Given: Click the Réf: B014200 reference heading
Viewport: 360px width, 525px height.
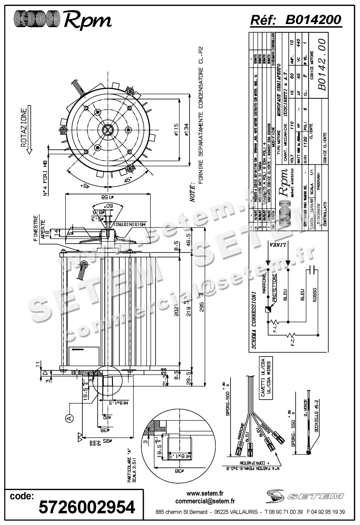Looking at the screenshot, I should [296, 20].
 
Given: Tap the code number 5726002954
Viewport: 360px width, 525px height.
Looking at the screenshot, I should [87, 507].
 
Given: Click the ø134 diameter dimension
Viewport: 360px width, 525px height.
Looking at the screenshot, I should [186, 129].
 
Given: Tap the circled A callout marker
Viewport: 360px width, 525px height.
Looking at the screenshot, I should [69, 418].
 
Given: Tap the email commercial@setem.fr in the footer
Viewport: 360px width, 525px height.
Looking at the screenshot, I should [205, 501].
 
